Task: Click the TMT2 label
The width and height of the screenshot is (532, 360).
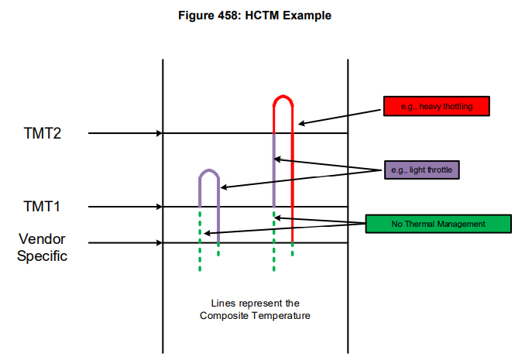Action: (x=43, y=133)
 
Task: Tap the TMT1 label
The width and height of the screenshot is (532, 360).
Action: (x=42, y=206)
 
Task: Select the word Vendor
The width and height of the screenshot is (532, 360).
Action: (x=42, y=239)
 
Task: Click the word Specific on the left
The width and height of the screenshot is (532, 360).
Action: (x=42, y=255)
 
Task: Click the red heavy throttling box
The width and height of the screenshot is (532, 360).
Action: (x=437, y=106)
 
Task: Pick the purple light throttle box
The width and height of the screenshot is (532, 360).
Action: (x=422, y=170)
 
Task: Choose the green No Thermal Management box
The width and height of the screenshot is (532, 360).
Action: (x=438, y=224)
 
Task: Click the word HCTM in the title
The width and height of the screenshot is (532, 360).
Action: (x=262, y=15)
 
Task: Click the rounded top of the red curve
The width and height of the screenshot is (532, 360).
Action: (x=283, y=96)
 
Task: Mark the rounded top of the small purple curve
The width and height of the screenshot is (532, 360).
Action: (x=209, y=170)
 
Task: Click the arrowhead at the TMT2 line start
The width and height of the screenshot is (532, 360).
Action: (x=160, y=133)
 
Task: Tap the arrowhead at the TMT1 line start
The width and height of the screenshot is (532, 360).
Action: (x=160, y=206)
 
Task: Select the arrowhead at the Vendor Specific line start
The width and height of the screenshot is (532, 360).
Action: (x=160, y=242)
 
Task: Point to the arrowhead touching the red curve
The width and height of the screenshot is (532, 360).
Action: (x=301, y=124)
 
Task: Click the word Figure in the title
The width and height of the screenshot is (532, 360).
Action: (x=196, y=15)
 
